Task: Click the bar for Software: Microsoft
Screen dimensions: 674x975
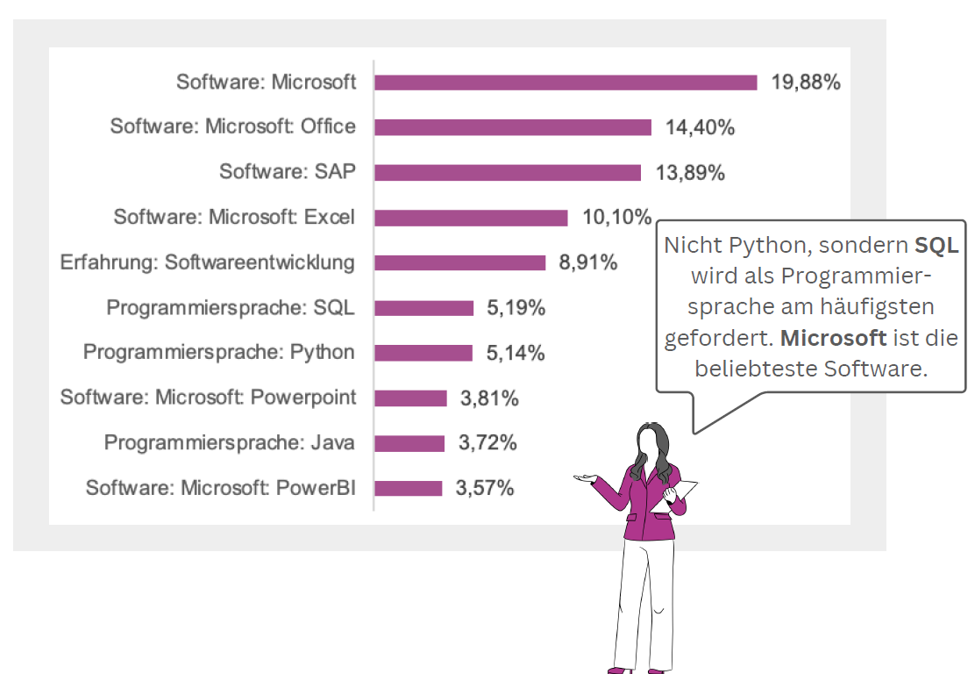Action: (566, 82)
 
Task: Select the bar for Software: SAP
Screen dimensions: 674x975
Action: (508, 173)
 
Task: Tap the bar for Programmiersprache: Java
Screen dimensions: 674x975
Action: (409, 443)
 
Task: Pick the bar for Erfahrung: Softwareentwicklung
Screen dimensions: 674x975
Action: (460, 262)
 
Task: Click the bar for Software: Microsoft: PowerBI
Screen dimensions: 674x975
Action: (409, 488)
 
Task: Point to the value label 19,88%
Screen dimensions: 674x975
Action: (806, 82)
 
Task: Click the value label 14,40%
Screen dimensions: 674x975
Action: (700, 127)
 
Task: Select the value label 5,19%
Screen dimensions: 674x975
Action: (516, 308)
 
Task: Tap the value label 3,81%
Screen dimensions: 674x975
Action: (489, 398)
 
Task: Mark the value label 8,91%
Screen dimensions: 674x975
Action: (587, 262)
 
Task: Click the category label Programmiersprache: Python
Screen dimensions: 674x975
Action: (219, 353)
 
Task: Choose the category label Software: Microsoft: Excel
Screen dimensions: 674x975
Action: (234, 217)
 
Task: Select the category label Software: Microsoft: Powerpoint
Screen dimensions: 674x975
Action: (208, 398)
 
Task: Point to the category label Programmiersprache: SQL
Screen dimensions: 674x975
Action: (231, 308)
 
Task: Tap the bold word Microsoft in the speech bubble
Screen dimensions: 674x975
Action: (833, 338)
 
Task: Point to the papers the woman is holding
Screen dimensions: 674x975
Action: (682, 491)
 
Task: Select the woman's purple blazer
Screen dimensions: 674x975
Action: (647, 509)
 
